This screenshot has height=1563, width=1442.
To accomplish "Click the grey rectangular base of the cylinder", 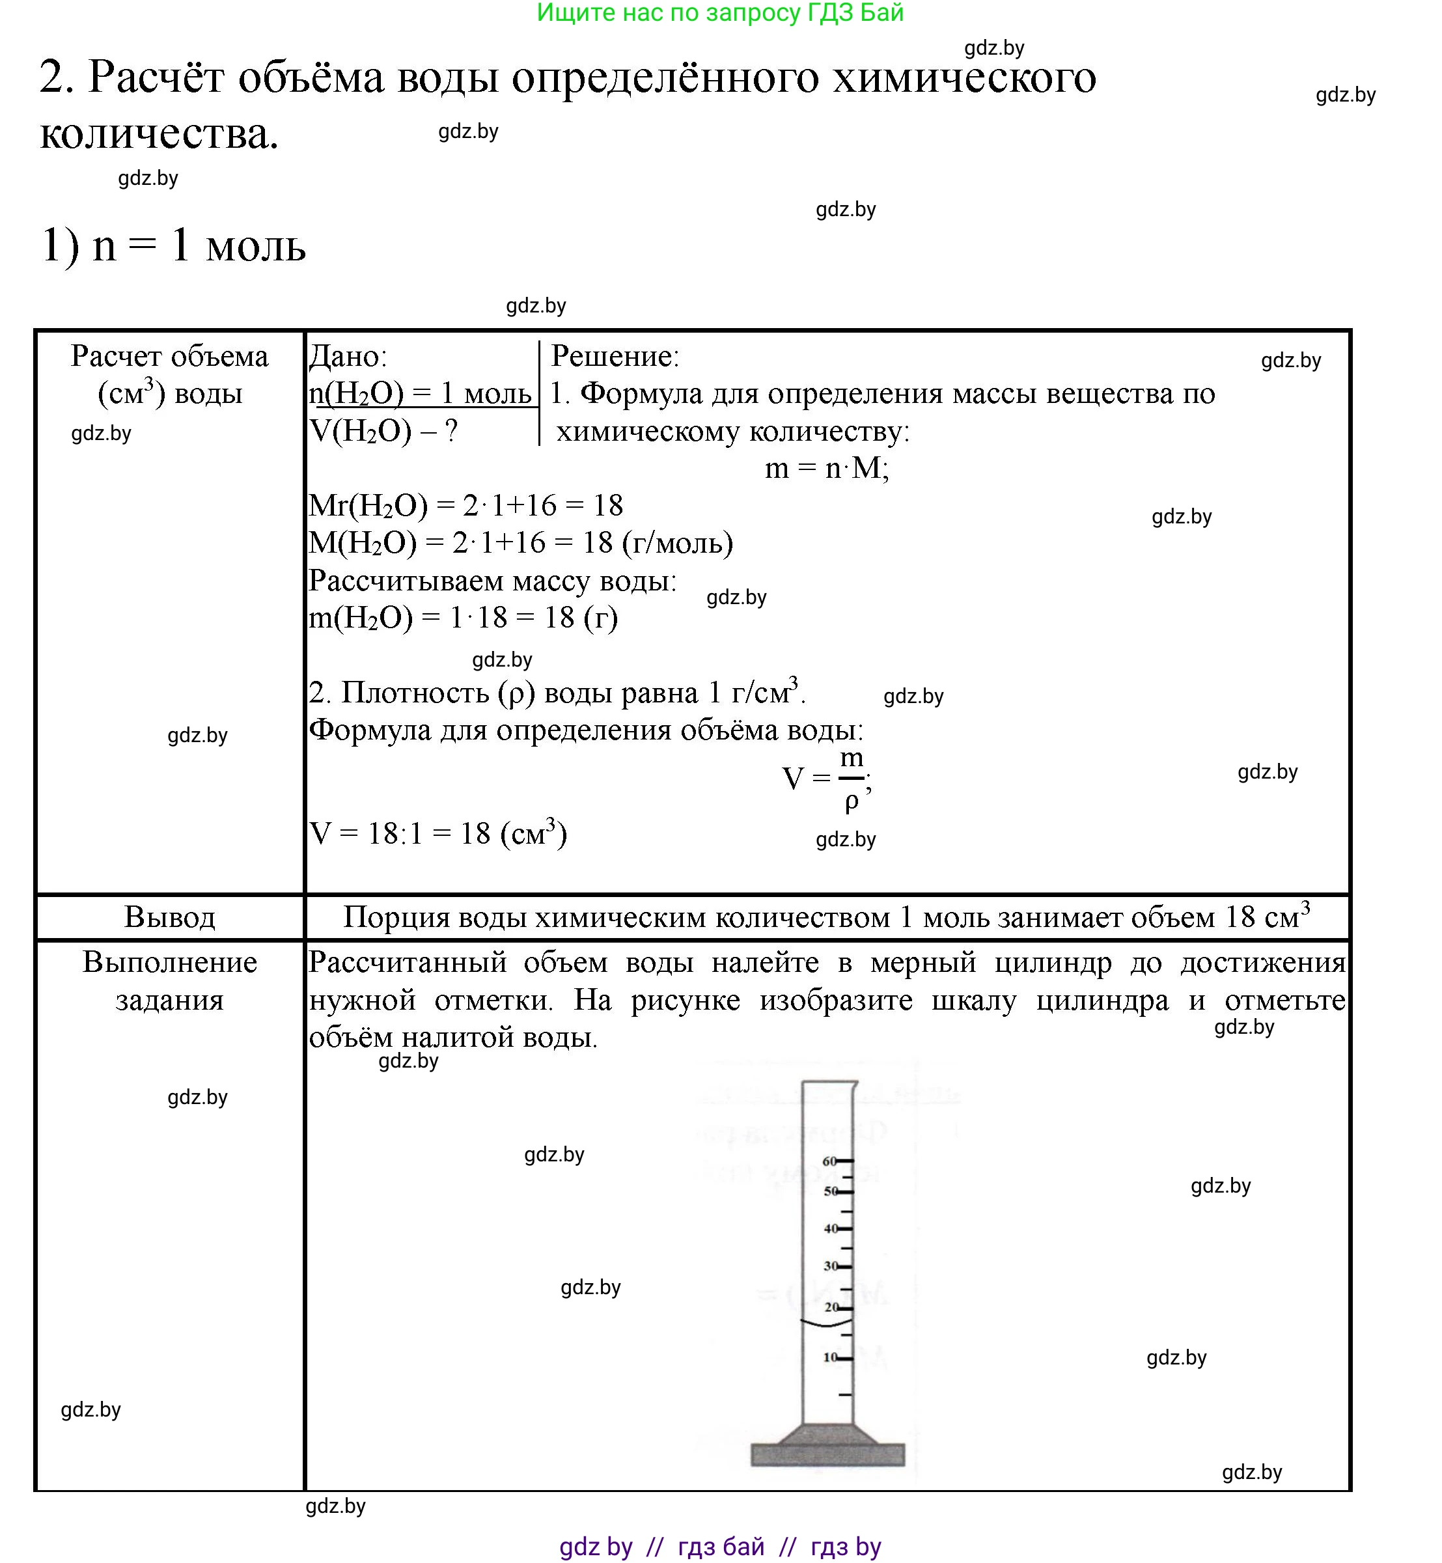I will point(827,1454).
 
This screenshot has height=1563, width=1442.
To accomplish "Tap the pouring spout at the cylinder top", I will point(853,1085).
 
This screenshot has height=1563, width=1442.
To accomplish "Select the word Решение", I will point(615,357).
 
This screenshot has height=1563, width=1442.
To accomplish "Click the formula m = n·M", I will point(826,468).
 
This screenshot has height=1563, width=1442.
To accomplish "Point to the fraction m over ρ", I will point(852,778).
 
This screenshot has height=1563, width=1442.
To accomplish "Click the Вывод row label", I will point(169,917).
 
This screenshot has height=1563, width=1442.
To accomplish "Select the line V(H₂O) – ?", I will point(384,431).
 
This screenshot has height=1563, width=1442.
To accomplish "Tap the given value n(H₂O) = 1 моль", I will point(421,393).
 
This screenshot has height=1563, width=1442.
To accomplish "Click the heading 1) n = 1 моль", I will point(173,246).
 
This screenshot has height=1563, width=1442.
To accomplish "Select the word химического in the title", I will point(964,78).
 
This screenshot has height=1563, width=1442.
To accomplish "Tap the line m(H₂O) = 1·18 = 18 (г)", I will point(464,618).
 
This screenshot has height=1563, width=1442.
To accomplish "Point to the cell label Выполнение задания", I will point(169,980).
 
